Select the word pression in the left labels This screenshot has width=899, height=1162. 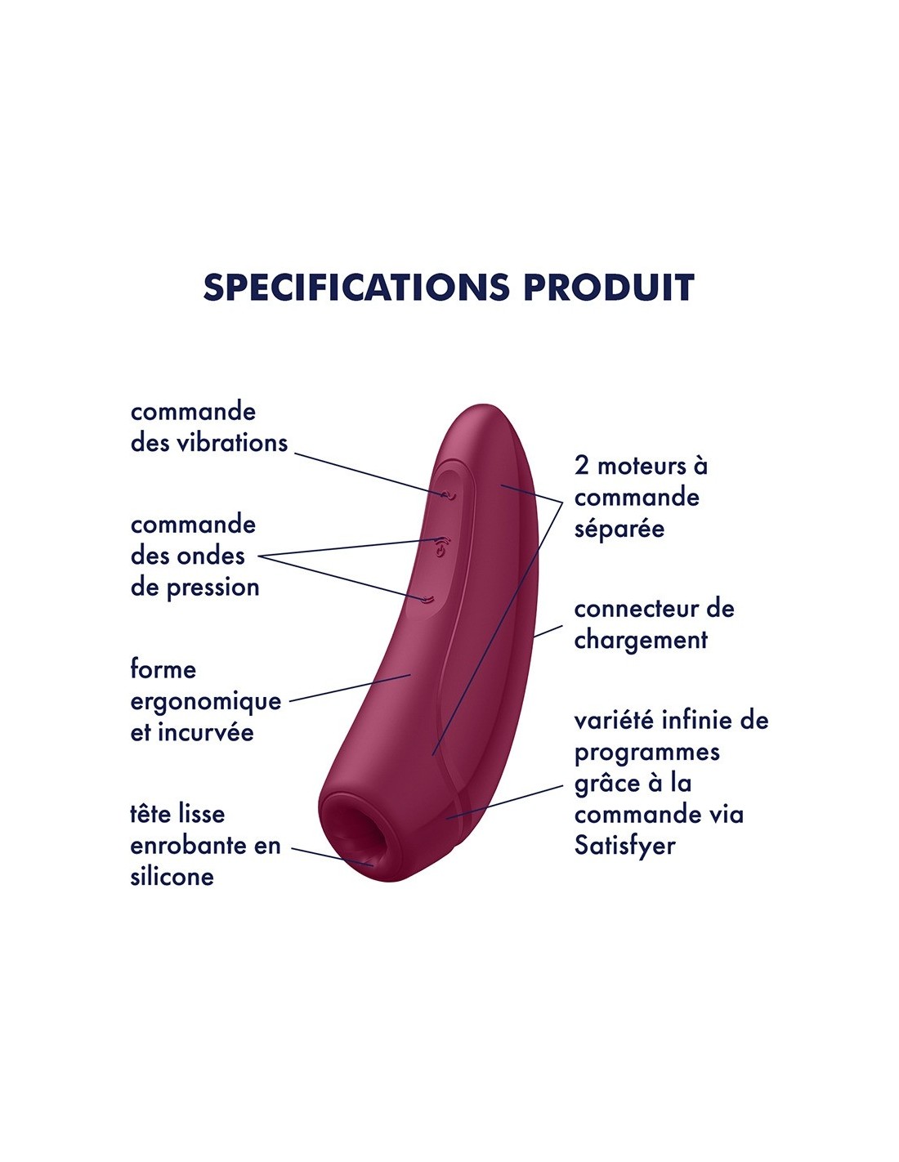[x=212, y=588]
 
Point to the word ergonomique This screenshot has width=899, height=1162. [x=206, y=701]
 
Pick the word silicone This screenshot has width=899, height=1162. [x=172, y=876]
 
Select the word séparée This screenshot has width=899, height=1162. [x=619, y=529]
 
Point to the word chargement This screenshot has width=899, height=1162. [x=641, y=640]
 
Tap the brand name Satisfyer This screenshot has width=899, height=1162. [x=624, y=846]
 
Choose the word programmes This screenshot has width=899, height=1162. [x=647, y=753]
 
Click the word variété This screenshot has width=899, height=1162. [x=615, y=720]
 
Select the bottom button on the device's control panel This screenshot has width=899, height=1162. [x=425, y=600]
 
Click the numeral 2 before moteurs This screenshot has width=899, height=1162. [x=582, y=466]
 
